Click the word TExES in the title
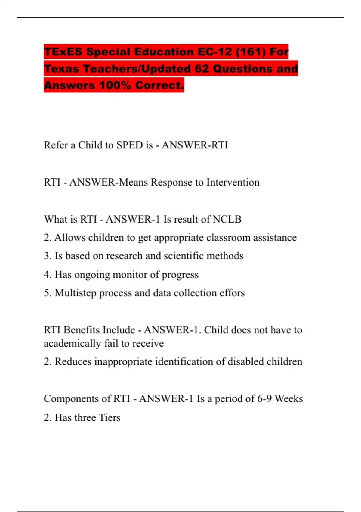pos(63,52)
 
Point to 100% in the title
pos(115,85)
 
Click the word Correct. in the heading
pos(159,85)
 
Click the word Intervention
pos(233,182)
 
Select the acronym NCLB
pos(227,219)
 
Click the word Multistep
pos(75,293)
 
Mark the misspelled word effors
pos(232,293)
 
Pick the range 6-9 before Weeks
pos(264,399)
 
